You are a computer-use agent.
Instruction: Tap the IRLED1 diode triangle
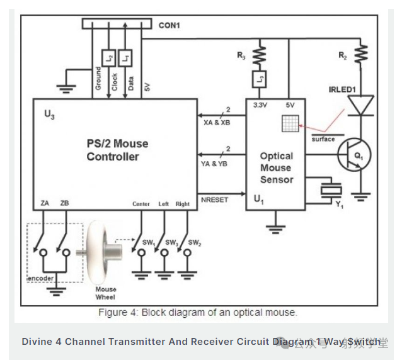tap(361, 105)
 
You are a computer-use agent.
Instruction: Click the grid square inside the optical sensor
tap(292, 123)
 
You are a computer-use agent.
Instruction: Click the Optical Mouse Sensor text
tap(277, 167)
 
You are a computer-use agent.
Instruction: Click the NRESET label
tap(214, 200)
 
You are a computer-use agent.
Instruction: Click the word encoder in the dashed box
tap(41, 278)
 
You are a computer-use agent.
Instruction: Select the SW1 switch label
tap(149, 243)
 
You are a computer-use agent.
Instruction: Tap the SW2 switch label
tap(195, 243)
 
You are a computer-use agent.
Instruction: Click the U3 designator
tap(49, 115)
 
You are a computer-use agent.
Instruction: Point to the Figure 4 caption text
tap(197, 312)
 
